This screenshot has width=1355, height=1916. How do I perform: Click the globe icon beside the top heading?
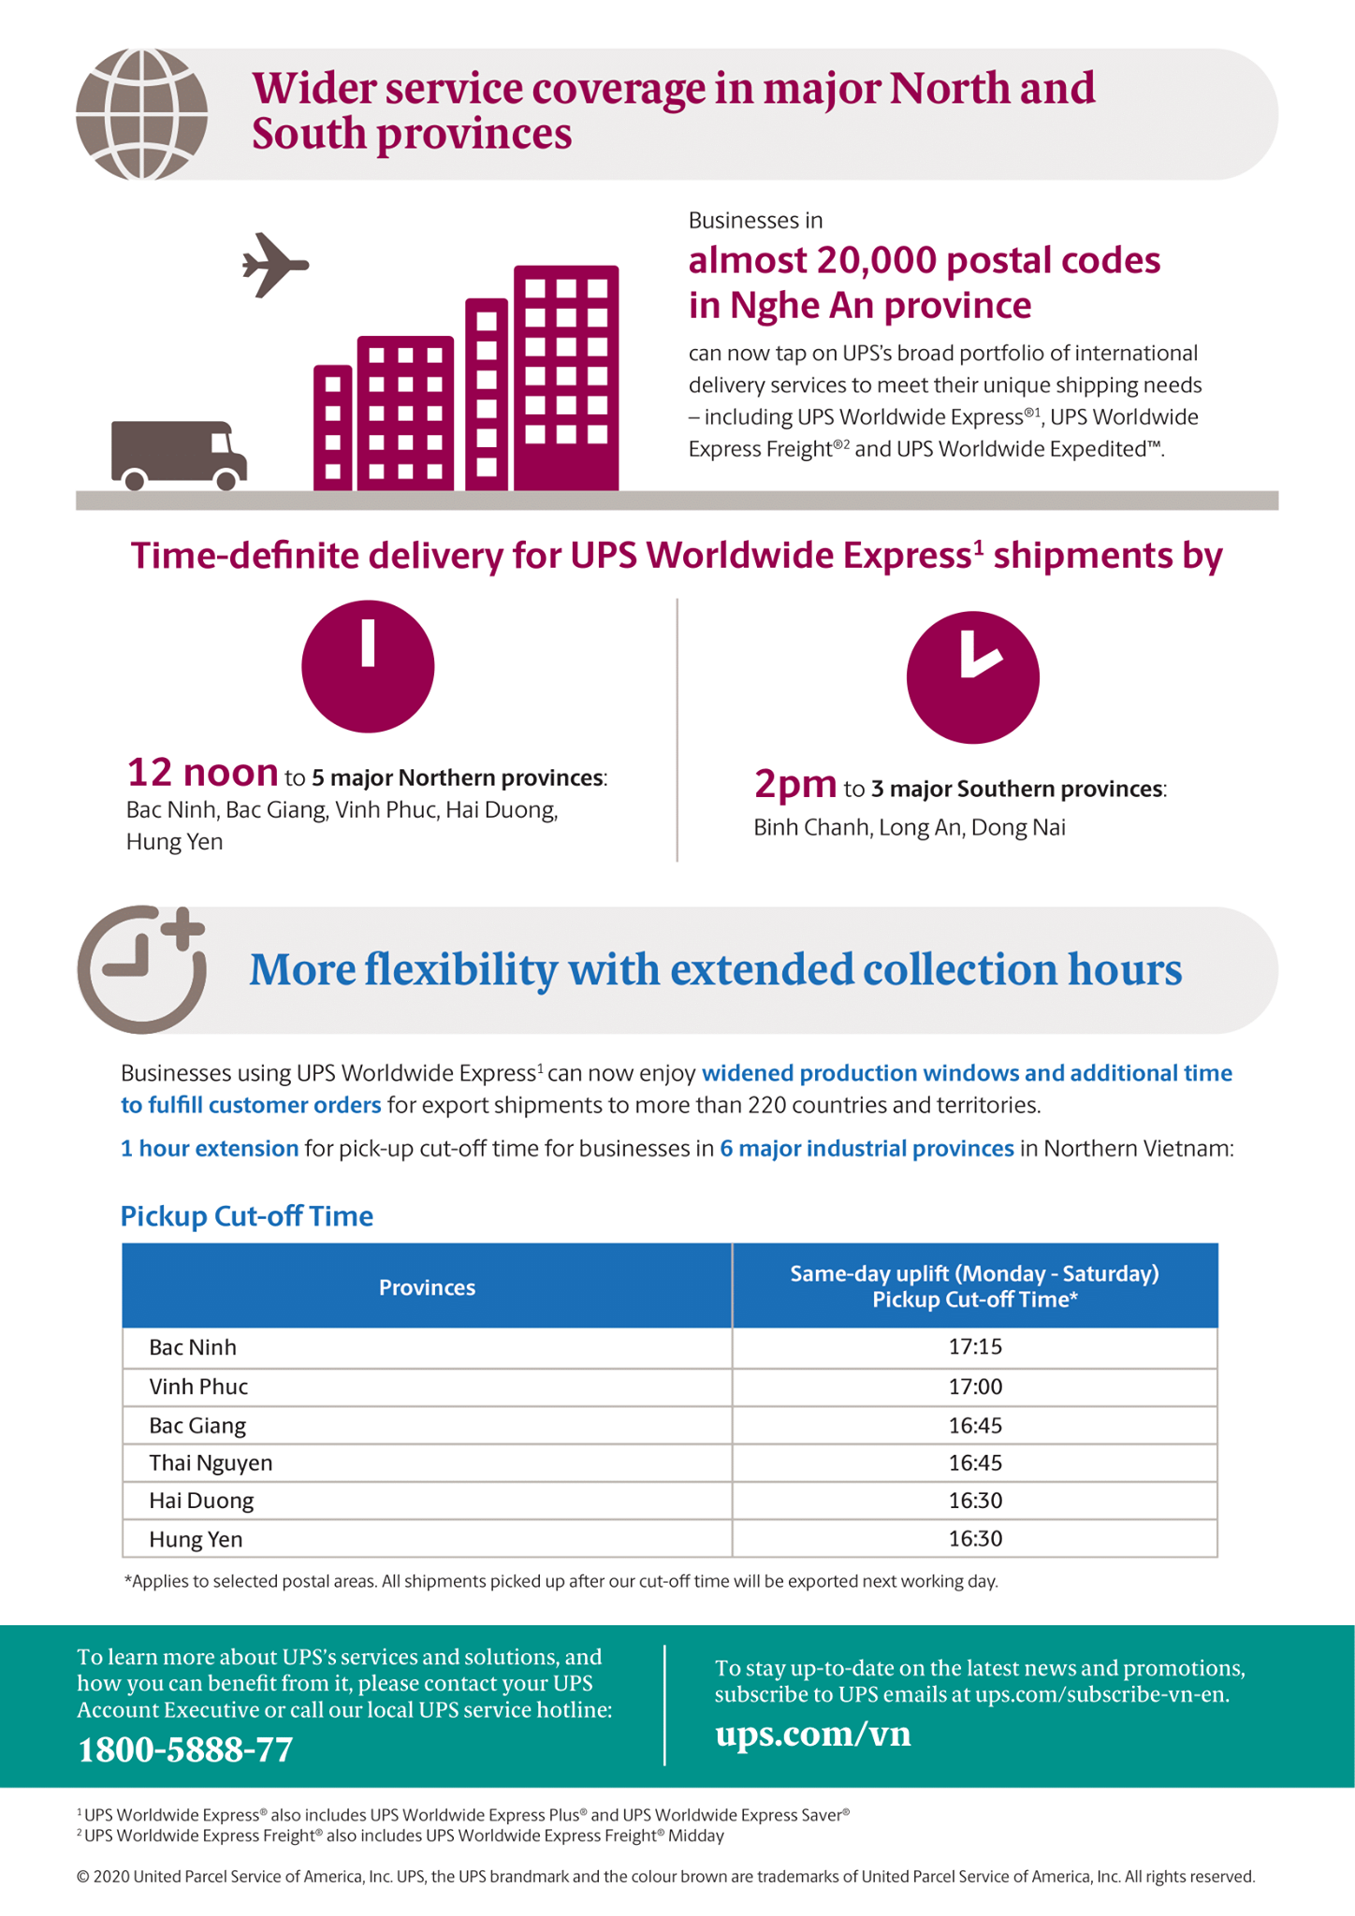pos(141,114)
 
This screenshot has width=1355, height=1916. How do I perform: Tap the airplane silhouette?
pos(275,265)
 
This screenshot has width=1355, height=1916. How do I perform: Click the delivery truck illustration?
pos(179,455)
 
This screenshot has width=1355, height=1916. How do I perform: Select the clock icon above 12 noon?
pos(368,666)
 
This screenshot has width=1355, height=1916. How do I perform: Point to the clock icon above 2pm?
pos(972,677)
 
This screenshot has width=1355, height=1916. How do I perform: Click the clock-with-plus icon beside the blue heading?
pos(142,968)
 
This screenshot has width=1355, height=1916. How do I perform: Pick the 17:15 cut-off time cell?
pos(975,1347)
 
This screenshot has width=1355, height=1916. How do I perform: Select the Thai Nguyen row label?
pos(211,1463)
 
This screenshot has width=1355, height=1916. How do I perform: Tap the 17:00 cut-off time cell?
pos(975,1386)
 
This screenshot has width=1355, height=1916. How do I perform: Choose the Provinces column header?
pos(427,1287)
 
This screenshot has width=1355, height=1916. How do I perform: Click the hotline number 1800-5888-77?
pos(185,1749)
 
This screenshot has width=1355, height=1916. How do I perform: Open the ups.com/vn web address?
pos(812,1734)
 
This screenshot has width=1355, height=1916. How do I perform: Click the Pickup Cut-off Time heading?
pos(247,1215)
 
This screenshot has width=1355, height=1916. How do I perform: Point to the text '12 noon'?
pos(202,772)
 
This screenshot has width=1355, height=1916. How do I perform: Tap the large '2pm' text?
pos(795,784)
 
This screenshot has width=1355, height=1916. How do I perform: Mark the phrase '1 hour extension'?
pos(210,1148)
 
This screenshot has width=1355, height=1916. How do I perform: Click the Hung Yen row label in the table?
pos(196,1539)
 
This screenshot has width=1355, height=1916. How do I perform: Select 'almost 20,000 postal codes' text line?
pos(925,260)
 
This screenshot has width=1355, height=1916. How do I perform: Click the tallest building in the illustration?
pos(566,378)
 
